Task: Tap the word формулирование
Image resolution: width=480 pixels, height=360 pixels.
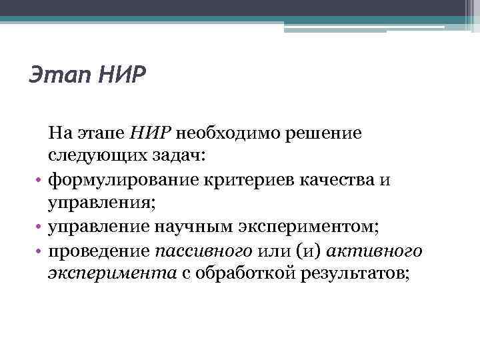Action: coord(120,180)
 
